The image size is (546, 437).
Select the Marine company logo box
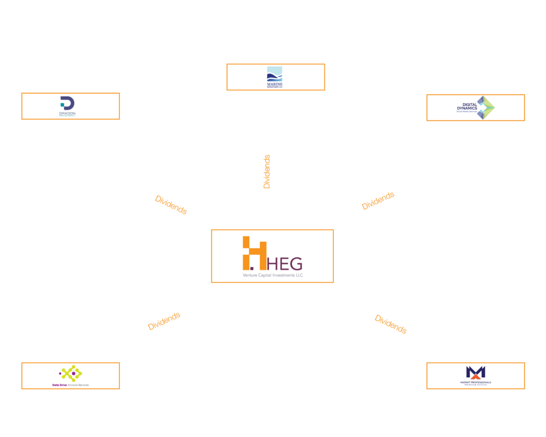[275, 77]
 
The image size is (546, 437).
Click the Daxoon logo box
[70, 106]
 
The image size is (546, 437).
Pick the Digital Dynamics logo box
[476, 108]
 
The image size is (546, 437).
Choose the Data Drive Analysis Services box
[70, 376]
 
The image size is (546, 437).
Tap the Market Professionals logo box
[476, 376]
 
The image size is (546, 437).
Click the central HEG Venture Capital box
[272, 256]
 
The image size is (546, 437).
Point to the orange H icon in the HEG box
[254, 252]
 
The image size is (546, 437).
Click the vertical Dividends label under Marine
[267, 172]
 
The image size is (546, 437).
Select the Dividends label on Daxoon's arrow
[171, 205]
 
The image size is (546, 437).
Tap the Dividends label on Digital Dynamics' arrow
[378, 201]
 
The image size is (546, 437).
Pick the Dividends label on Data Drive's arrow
[164, 321]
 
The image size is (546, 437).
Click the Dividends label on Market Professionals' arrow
[390, 324]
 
